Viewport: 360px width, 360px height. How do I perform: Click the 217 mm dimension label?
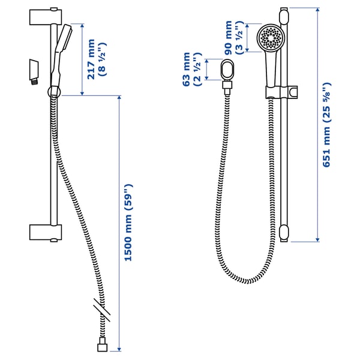click(x=90, y=59)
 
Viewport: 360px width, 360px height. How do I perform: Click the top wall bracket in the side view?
click(x=45, y=16)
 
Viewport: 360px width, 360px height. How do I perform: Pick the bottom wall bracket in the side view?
click(x=45, y=232)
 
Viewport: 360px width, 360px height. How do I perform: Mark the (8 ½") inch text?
click(x=103, y=59)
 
